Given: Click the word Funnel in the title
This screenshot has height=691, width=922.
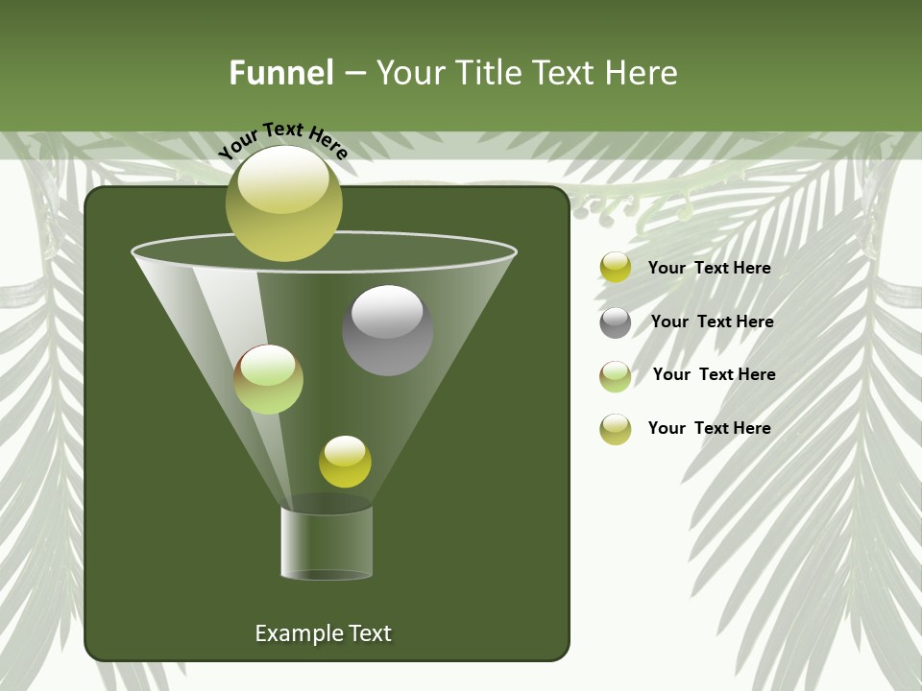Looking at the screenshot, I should (x=280, y=73).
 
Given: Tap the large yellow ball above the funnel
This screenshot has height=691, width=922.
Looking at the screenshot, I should (x=283, y=203).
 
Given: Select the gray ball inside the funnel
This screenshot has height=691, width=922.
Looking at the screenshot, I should (x=387, y=331).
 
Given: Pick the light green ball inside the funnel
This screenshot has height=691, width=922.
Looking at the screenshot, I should (x=268, y=380).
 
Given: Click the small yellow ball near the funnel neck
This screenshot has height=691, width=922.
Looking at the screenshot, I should (x=345, y=462).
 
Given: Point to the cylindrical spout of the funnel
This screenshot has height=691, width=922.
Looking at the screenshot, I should (x=327, y=542).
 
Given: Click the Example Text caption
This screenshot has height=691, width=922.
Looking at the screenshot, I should (x=323, y=633).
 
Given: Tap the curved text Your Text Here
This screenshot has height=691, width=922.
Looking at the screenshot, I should (x=283, y=139).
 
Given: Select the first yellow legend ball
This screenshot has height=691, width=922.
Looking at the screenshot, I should (x=616, y=268).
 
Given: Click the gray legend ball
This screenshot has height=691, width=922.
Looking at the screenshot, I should (x=616, y=322).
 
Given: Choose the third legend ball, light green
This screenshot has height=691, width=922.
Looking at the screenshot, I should (x=616, y=376).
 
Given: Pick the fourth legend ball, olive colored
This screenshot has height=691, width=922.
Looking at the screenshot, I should (x=616, y=429).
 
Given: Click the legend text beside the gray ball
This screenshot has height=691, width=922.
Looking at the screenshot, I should (x=712, y=322).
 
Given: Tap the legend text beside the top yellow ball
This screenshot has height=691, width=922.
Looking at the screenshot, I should (x=709, y=269).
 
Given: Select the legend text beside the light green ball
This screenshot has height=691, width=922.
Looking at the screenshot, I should (x=714, y=375).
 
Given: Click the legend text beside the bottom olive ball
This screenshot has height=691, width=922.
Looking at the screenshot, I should (x=709, y=429).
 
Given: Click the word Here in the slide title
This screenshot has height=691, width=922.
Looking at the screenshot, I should (x=643, y=73).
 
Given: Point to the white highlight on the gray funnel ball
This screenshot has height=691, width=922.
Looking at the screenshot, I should (x=387, y=311).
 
